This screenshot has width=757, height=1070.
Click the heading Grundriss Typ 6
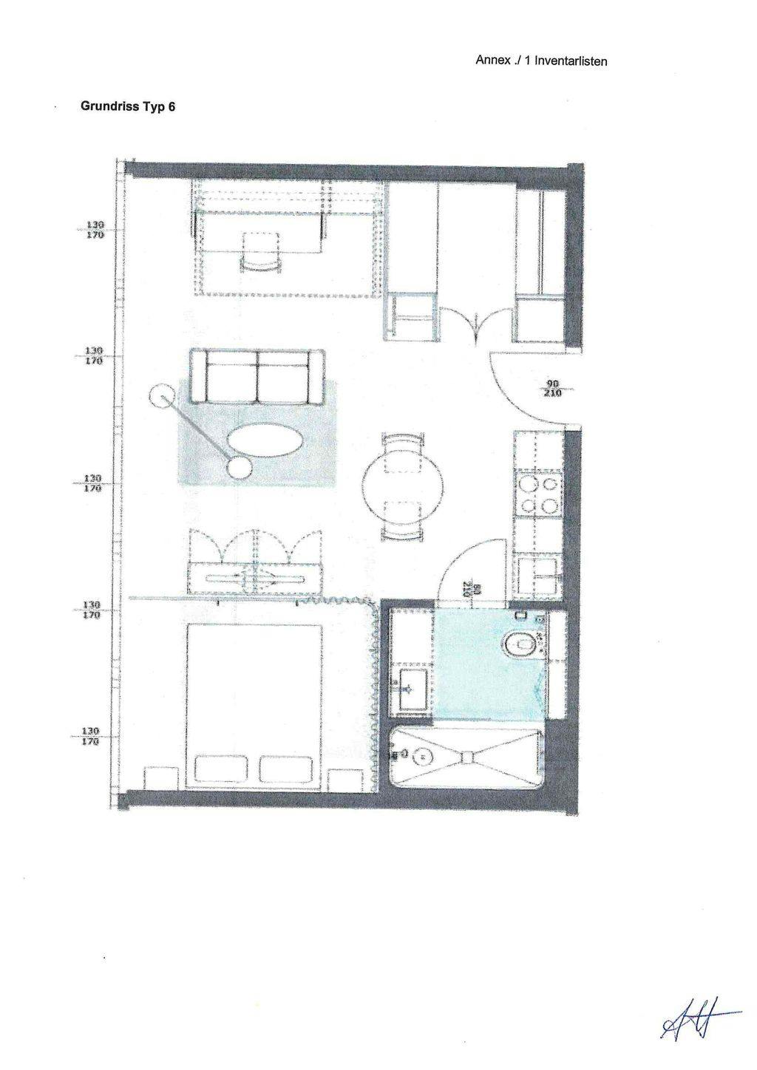click(128, 106)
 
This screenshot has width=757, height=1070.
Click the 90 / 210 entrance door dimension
click(551, 389)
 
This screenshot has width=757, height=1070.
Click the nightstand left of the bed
click(160, 779)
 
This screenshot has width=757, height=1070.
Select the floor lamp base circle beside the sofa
click(160, 397)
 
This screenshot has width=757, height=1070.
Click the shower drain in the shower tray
click(423, 756)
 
